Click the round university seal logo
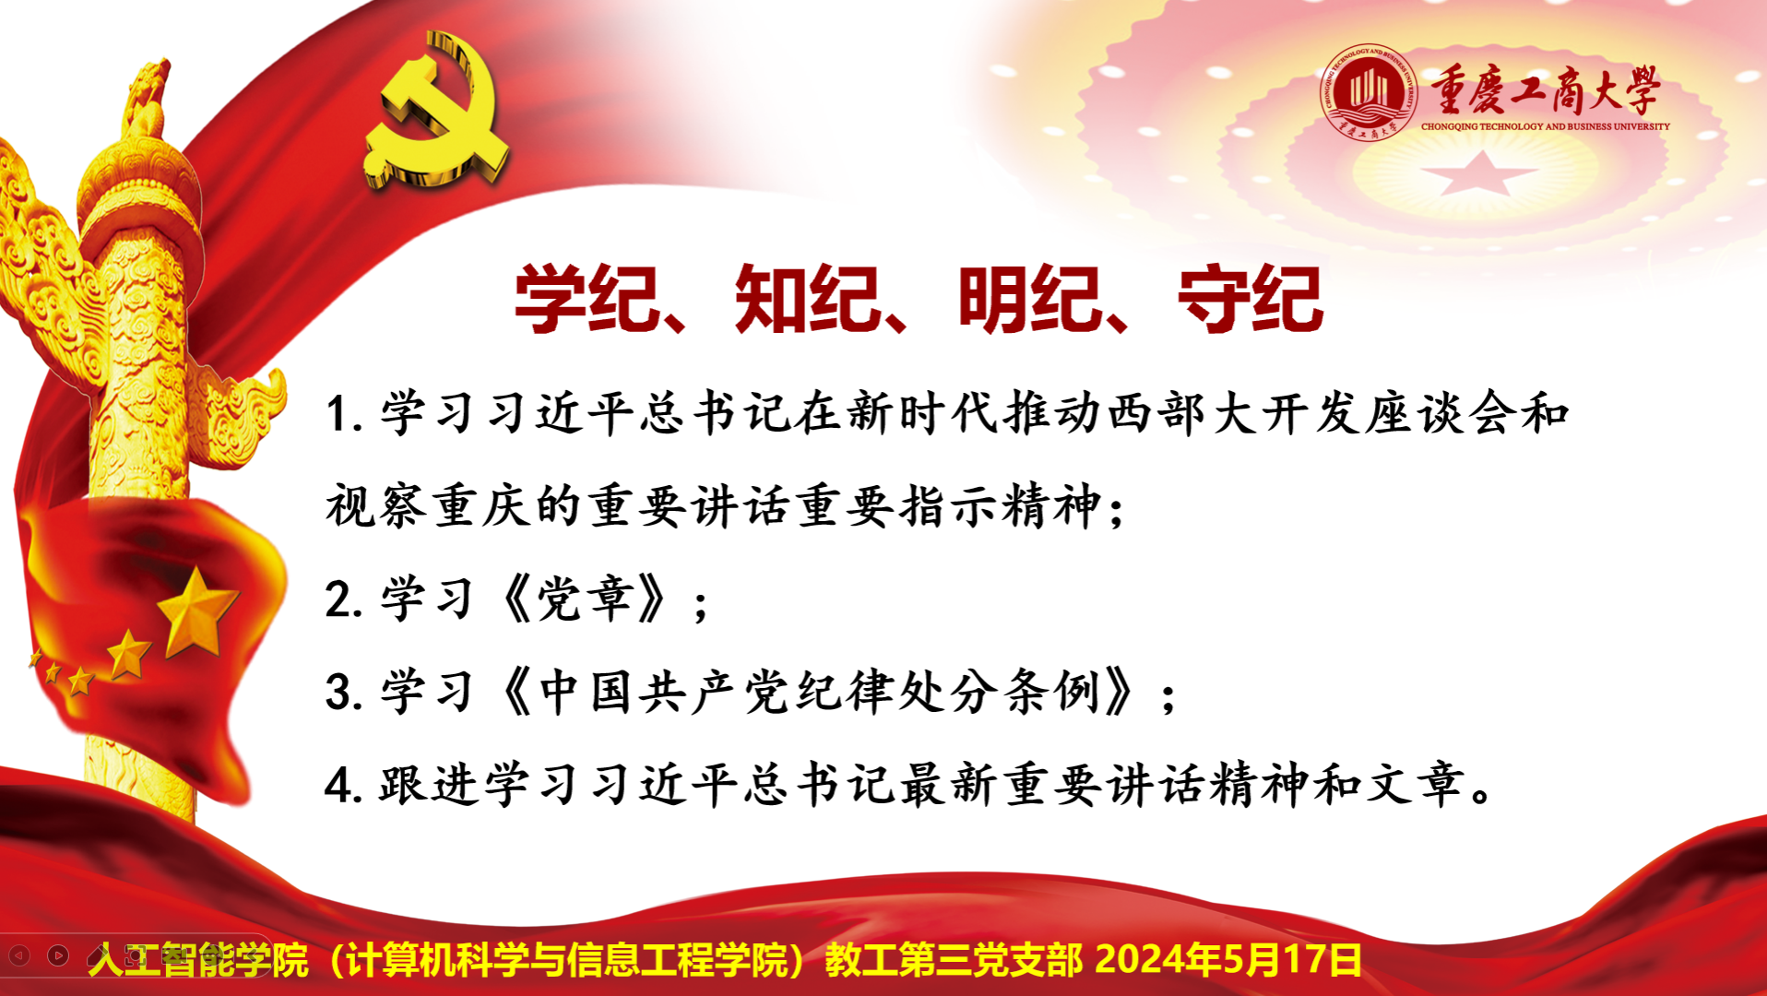1369,92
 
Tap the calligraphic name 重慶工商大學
1546,91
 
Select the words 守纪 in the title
1251,299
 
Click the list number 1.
343,414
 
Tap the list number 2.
343,599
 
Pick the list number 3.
343,693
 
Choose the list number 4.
343,786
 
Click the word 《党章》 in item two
584,599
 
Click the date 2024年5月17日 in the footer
1228,960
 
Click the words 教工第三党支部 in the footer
954,960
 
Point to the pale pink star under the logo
1479,173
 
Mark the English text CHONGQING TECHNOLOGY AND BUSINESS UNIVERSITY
1546,126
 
